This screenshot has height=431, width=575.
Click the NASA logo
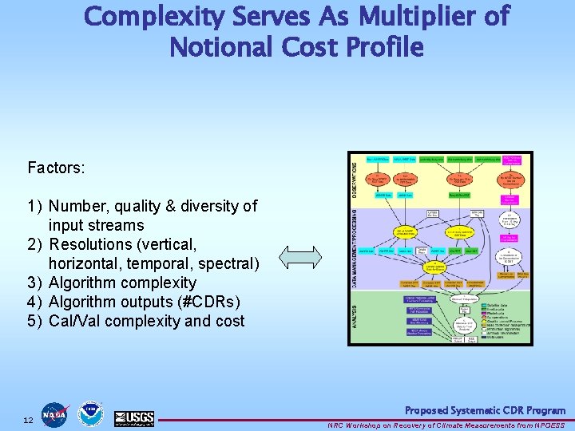[55, 415]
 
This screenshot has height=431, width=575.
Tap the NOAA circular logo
[90, 414]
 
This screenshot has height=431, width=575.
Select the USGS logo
[133, 417]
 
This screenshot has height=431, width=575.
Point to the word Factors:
[56, 168]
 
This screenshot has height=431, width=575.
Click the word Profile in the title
[382, 47]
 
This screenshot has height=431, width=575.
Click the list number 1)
[35, 207]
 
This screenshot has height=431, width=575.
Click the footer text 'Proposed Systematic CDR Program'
[485, 410]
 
